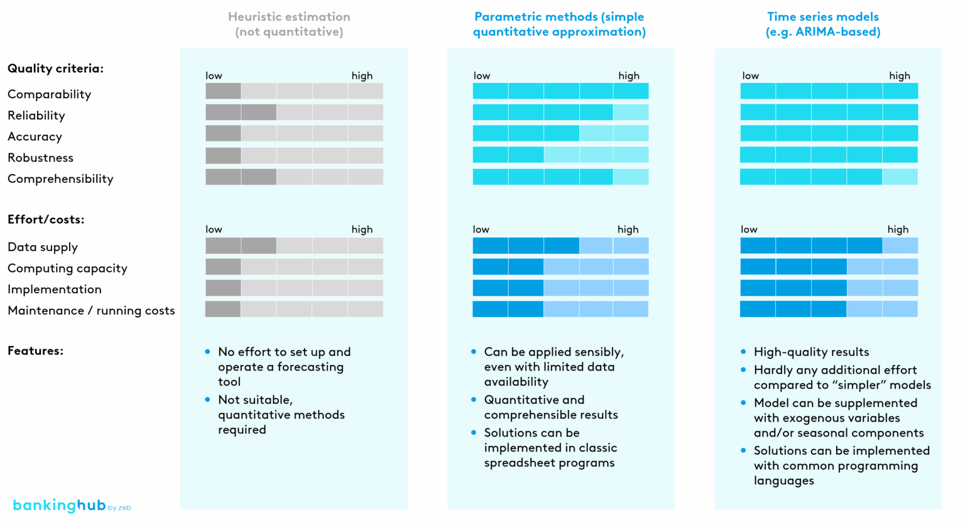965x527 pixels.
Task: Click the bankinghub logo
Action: tap(71, 506)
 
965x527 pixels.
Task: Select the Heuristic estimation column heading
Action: tap(289, 24)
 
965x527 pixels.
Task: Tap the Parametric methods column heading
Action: tap(559, 24)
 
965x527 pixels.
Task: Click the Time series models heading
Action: tap(822, 24)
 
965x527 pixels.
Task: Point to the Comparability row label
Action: tap(49, 94)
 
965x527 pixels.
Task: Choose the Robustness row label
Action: tap(40, 158)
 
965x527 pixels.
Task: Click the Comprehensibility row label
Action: tap(60, 179)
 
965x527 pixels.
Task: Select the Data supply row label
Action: tap(43, 247)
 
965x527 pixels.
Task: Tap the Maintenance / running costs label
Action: tap(91, 311)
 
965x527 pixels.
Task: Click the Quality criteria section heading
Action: tap(55, 68)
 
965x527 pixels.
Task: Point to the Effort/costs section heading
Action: tap(46, 219)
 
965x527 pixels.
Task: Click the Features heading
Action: tap(35, 350)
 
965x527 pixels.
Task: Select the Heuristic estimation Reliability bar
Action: tap(294, 112)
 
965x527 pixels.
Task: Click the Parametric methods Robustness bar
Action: tap(560, 155)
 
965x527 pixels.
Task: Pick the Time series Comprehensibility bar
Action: tap(829, 177)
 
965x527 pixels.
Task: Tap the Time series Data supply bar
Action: tap(829, 246)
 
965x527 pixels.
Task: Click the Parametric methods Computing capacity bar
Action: tap(560, 267)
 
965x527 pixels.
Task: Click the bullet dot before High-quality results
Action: tap(743, 352)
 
